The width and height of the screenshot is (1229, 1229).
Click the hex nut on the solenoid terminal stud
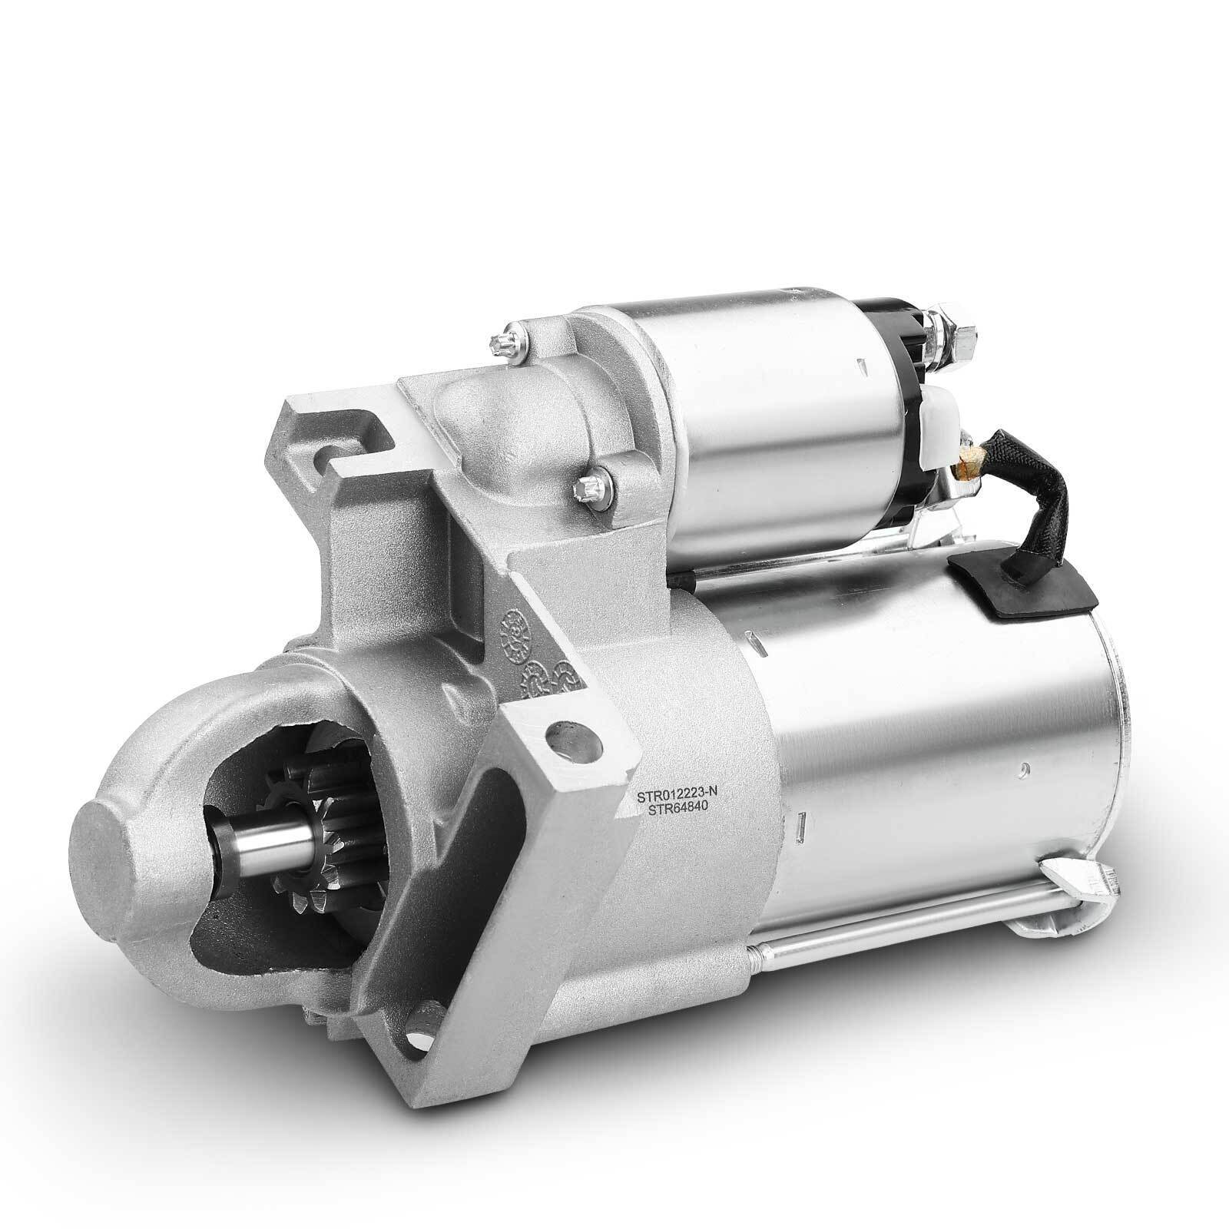coord(956,335)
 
